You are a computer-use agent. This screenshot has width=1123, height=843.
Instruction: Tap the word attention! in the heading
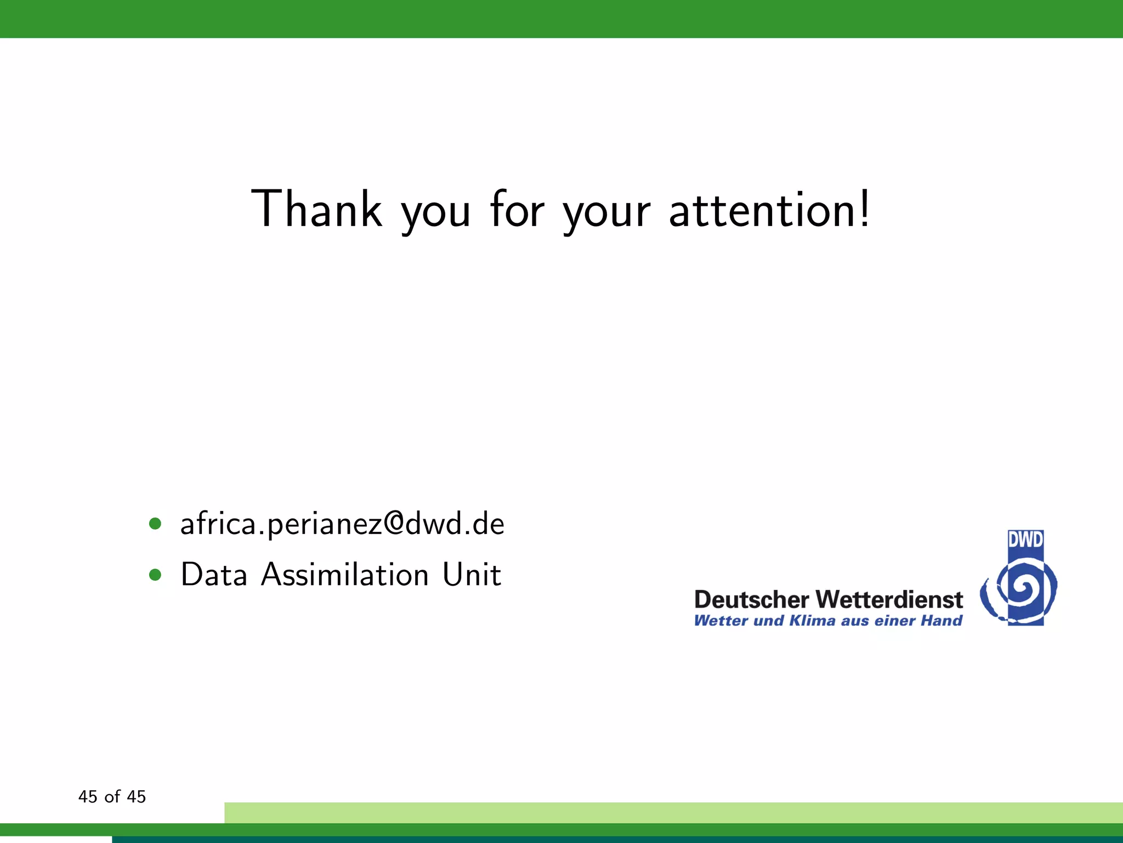[769, 210]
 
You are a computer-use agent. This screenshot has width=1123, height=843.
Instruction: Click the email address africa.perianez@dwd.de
[342, 524]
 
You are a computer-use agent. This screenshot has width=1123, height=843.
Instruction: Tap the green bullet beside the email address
[155, 524]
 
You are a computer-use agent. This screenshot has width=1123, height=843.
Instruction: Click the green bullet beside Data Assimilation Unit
[155, 575]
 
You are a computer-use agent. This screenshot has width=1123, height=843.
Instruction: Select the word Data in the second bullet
[214, 575]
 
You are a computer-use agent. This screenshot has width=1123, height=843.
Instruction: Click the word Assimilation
[345, 575]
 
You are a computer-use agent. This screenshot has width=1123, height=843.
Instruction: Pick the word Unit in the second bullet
[472, 575]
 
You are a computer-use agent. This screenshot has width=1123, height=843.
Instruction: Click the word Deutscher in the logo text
[751, 599]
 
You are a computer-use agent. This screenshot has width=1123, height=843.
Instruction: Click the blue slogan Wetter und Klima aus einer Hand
[828, 621]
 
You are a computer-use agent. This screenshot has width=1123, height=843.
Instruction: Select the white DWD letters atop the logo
[1025, 540]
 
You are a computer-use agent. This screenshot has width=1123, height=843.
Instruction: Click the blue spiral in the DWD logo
[1021, 591]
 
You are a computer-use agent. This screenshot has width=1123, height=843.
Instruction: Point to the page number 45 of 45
[112, 796]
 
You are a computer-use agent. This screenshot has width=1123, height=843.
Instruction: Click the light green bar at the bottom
[673, 812]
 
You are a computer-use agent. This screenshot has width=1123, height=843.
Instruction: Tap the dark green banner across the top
[561, 19]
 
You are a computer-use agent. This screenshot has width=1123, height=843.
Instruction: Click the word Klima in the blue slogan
[812, 621]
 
